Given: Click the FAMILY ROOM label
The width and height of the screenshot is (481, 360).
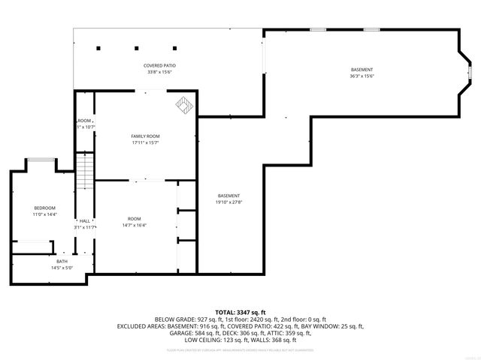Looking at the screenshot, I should [145, 136].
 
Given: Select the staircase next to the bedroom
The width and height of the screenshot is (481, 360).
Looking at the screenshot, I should [87, 169].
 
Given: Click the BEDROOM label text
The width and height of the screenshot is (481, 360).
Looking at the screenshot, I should [44, 208].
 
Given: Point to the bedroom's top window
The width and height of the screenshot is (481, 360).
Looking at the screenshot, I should [39, 159].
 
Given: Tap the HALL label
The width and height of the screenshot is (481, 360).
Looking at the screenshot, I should [85, 220].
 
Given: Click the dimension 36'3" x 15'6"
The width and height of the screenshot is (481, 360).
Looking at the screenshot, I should [362, 76].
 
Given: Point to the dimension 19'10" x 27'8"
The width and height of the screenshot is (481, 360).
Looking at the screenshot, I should [229, 202].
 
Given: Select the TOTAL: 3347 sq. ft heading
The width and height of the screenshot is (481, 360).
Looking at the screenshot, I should [240, 312].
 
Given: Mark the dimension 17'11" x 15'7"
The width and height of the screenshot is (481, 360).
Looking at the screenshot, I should [145, 142].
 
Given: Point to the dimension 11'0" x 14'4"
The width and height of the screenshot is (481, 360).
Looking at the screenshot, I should [44, 214].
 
